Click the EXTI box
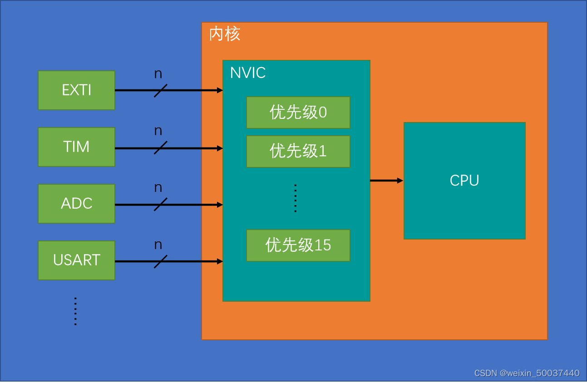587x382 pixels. (x=76, y=90)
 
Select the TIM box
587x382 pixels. (x=76, y=147)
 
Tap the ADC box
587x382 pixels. (x=76, y=204)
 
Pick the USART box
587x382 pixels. (x=76, y=260)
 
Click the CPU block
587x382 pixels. (x=464, y=181)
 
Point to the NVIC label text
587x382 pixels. (x=247, y=73)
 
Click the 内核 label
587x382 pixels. (x=225, y=34)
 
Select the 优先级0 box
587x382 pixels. (x=298, y=112)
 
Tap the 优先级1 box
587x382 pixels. (x=298, y=151)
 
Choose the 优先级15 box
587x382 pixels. (x=298, y=245)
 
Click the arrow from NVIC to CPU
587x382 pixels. (x=386, y=181)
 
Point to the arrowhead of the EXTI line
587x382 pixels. (x=220, y=90)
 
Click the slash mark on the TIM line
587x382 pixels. (x=160, y=148)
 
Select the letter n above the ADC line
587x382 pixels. (x=158, y=188)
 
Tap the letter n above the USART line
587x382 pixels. (x=158, y=245)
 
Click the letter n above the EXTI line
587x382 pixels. (x=158, y=74)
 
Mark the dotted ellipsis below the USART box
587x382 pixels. (x=75, y=311)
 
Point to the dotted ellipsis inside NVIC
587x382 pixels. (x=295, y=198)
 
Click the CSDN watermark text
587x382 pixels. (x=527, y=373)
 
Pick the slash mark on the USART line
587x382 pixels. (x=160, y=261)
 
